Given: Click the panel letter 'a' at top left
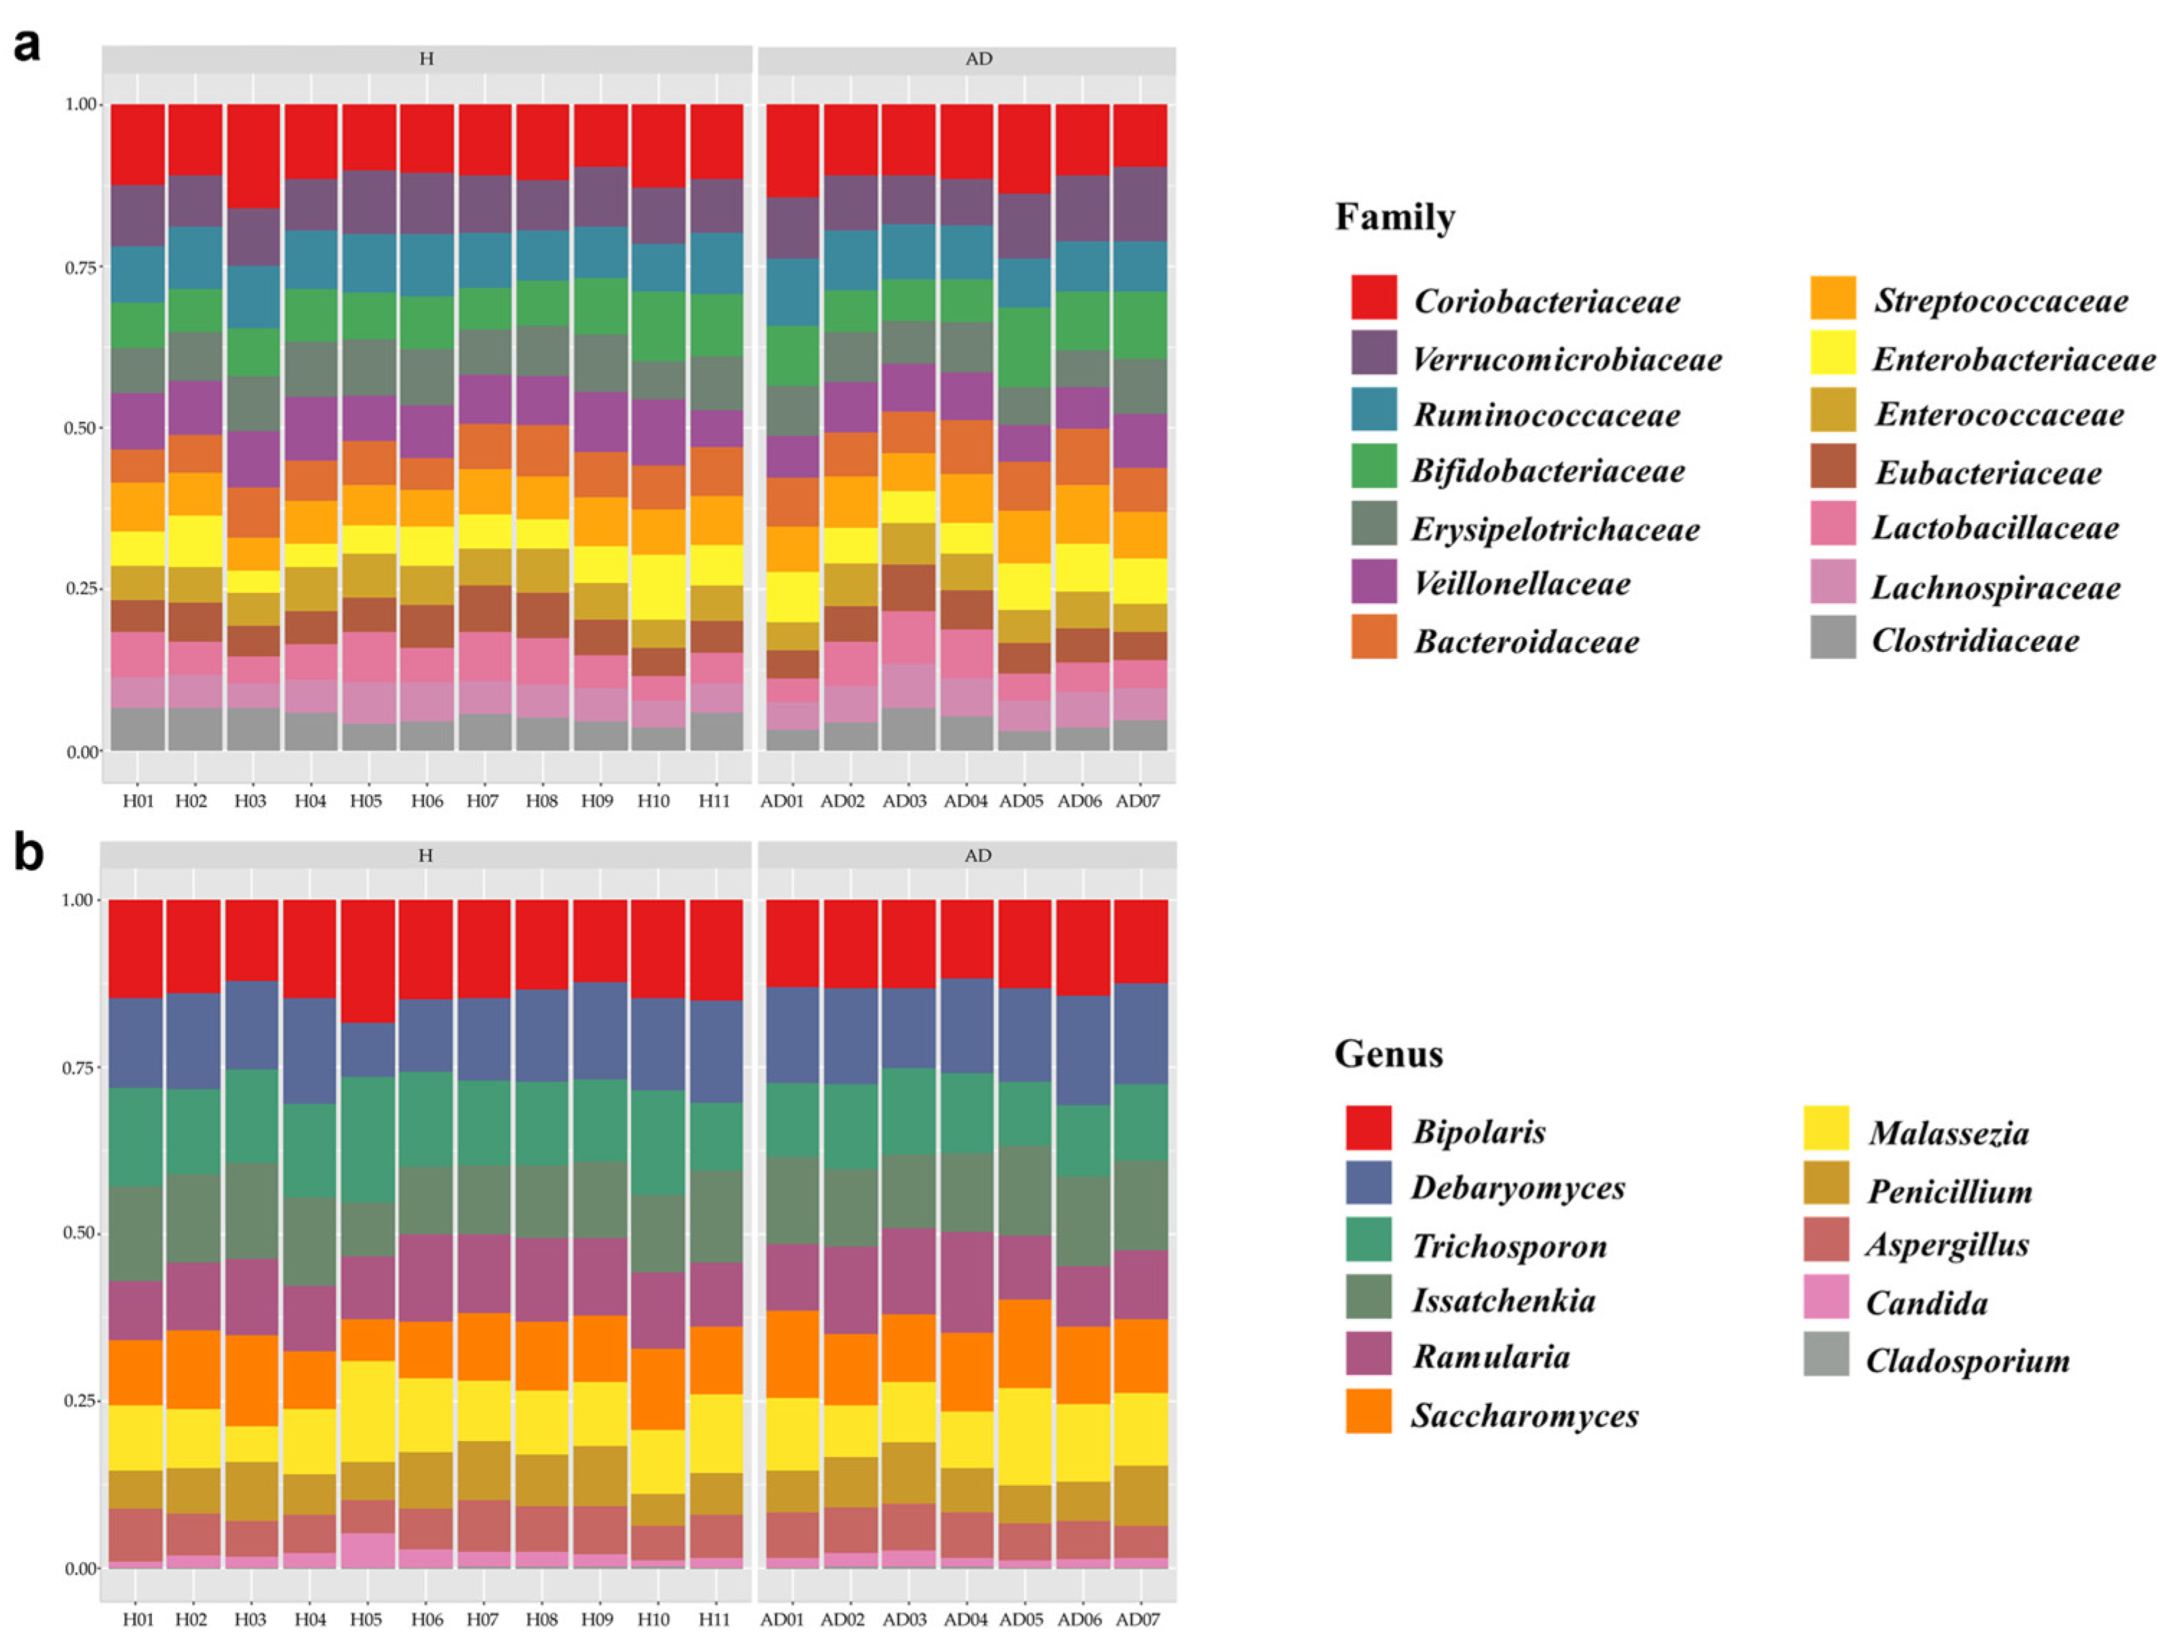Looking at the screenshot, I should tap(27, 46).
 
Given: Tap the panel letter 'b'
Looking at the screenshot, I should tap(29, 852).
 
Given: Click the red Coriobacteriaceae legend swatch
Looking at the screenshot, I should tap(1373, 297).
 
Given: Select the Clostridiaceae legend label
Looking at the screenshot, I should tap(1974, 641).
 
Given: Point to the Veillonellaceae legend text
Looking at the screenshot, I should tap(1521, 584).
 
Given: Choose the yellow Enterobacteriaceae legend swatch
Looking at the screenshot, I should tap(1832, 353).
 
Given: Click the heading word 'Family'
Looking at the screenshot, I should tap(1394, 217).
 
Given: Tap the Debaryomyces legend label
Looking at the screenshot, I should tap(1518, 1188).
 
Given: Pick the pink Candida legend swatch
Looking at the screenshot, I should tap(1826, 1297).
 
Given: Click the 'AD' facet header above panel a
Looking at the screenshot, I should tap(978, 59).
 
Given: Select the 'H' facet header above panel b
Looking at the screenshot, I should tap(425, 855).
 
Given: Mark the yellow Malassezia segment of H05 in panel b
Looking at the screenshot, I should tap(368, 1411).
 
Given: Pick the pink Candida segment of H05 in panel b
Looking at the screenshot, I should tap(368, 1550).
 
